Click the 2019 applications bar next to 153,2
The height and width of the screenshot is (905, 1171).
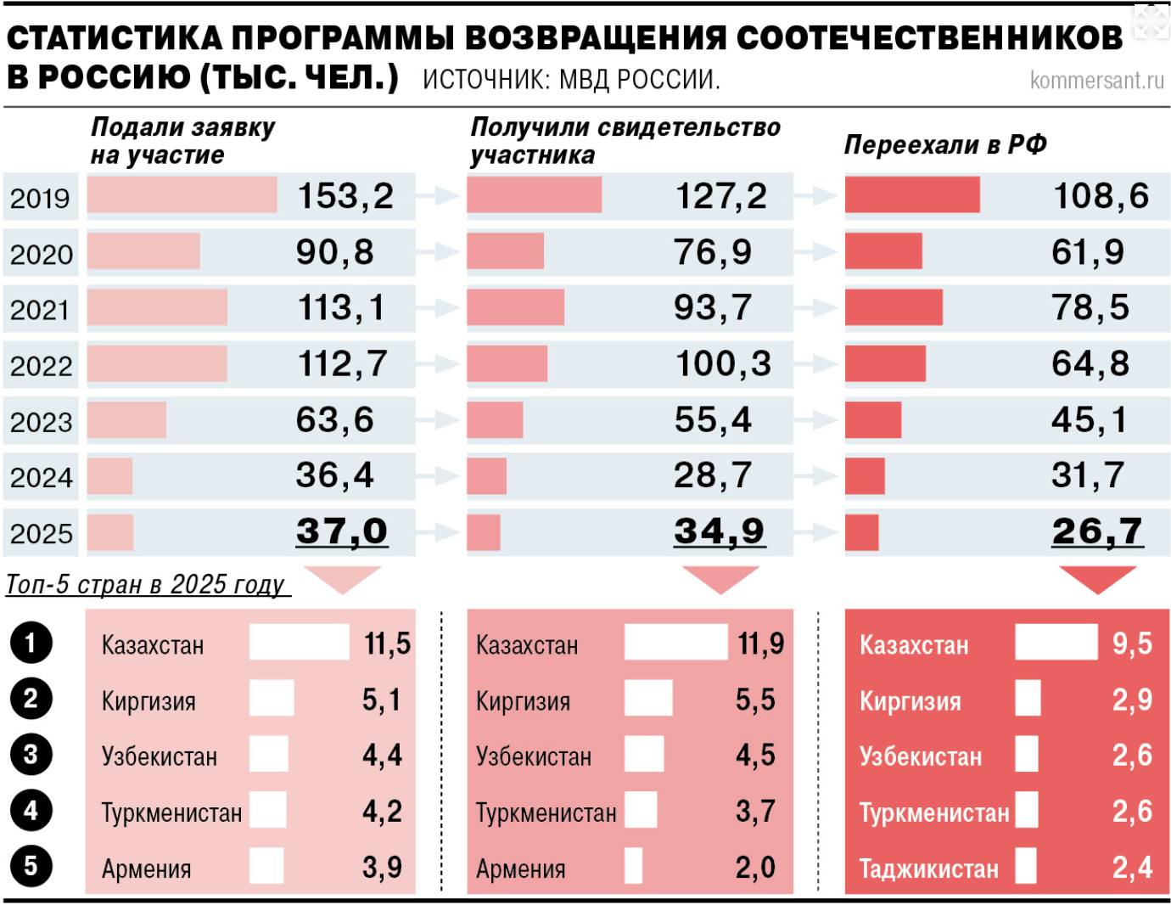coord(182,195)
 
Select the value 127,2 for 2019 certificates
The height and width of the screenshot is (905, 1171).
coord(720,196)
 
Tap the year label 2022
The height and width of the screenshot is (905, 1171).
coord(41,366)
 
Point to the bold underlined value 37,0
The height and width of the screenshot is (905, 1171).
coord(341,531)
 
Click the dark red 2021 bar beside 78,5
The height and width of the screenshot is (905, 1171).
coord(894,307)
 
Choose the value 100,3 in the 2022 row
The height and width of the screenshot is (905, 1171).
coord(723,364)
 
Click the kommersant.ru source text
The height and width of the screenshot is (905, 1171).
coord(1096,80)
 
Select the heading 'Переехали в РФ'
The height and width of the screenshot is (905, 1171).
coord(944,145)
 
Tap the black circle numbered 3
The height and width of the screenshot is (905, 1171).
coord(31,755)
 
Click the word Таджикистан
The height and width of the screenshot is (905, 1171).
coord(928,868)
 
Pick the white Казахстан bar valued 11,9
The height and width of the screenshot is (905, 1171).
coord(675,643)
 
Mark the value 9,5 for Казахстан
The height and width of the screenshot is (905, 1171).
coord(1132,644)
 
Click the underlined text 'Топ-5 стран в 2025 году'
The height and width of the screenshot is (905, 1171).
coord(146,584)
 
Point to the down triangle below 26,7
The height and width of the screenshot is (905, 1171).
coord(1097,578)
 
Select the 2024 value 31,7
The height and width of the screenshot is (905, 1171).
coord(1088,475)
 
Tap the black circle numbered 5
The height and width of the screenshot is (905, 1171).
coord(31,867)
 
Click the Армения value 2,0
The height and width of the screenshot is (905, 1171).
coord(755,868)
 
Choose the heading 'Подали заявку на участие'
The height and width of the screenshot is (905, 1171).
coord(182,141)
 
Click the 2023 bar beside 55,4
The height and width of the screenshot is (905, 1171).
coord(495,420)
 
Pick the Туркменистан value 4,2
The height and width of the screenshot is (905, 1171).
coord(382,812)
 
